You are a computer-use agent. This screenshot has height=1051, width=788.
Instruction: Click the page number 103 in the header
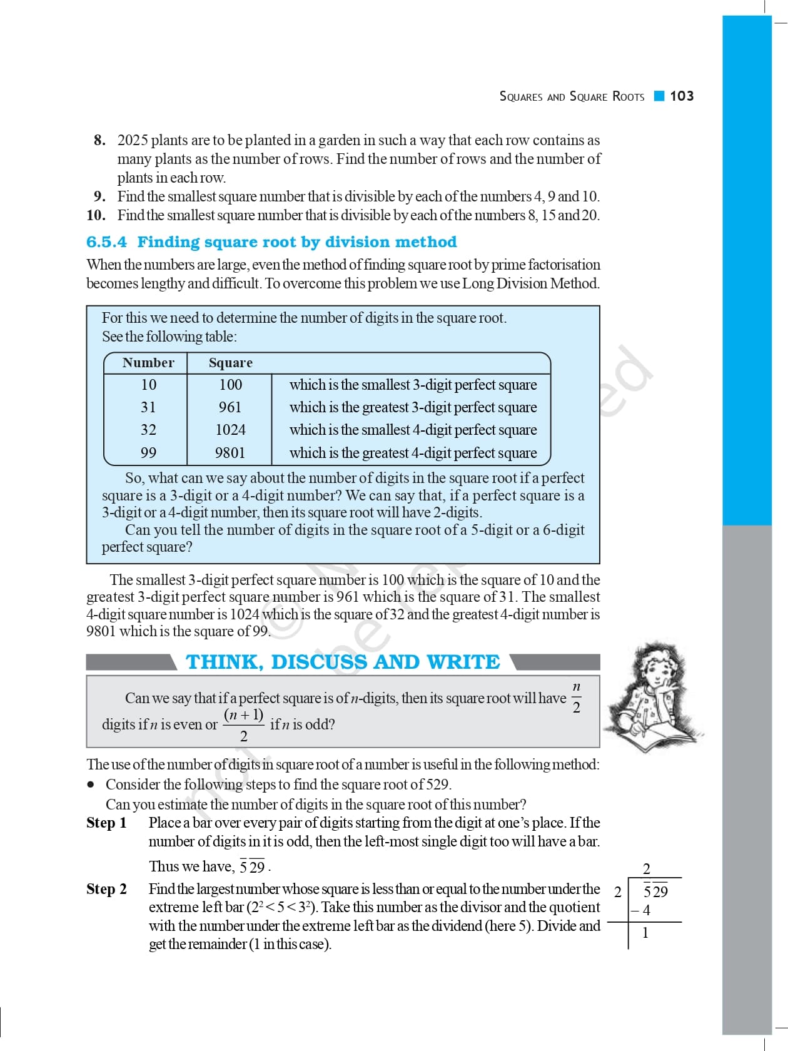682,96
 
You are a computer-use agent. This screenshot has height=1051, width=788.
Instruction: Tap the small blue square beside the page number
659,96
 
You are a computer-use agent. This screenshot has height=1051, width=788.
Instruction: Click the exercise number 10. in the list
96,215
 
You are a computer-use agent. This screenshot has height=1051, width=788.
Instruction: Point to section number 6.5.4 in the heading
106,242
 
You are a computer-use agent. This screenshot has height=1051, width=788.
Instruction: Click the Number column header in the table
148,363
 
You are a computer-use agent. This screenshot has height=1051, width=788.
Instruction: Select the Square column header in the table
230,363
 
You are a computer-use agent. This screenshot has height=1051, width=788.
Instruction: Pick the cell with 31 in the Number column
148,407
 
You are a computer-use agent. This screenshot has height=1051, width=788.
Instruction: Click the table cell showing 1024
230,430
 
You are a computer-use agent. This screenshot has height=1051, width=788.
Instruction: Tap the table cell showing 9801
230,453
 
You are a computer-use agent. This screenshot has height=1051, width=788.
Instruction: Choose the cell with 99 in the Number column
148,453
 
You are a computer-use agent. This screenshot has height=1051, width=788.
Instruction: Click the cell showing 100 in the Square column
230,385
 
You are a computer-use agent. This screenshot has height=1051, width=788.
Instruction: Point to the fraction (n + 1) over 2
243,724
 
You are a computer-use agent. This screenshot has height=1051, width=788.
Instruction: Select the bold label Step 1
106,823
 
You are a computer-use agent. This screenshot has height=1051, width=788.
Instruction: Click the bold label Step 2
106,889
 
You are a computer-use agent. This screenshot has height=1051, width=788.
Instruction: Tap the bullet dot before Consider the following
91,784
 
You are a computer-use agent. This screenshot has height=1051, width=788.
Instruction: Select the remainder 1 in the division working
645,933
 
